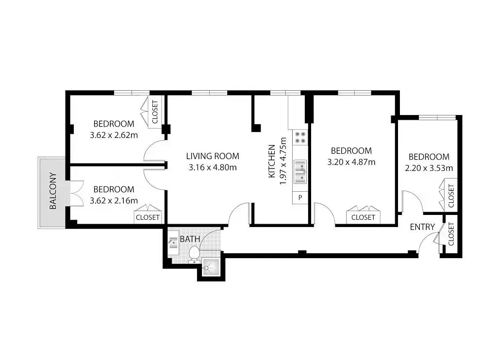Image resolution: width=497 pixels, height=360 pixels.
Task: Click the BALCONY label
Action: pos(53,191)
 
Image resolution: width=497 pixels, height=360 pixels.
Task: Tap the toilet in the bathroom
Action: pos(194,255)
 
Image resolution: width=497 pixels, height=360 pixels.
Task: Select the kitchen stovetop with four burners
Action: pos(300,137)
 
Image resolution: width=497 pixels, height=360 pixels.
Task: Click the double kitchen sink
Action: pos(300,172)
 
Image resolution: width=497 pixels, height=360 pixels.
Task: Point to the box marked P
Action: pos(300,197)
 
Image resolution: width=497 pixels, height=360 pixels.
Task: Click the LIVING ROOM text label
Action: pos(213,156)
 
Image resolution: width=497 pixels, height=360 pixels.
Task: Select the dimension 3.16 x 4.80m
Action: pos(213,167)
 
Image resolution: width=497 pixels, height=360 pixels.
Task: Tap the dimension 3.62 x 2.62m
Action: pos(114,135)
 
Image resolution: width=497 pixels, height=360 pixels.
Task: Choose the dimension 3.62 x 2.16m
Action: pos(114,200)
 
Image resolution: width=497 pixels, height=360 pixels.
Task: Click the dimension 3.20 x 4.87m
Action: pos(351,162)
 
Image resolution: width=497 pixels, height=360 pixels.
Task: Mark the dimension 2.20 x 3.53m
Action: pos(429,168)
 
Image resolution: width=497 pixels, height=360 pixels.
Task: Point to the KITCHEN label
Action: pos(272,161)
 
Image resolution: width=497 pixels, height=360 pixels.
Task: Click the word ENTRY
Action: pos(422,227)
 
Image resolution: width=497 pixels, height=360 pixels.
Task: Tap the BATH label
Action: pos(190,239)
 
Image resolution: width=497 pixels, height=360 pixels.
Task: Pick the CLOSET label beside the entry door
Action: pos(451,234)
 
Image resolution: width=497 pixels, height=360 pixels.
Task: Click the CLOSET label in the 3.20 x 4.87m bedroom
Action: pos(363,217)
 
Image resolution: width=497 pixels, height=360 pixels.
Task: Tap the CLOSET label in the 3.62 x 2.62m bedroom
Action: pos(155,112)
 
